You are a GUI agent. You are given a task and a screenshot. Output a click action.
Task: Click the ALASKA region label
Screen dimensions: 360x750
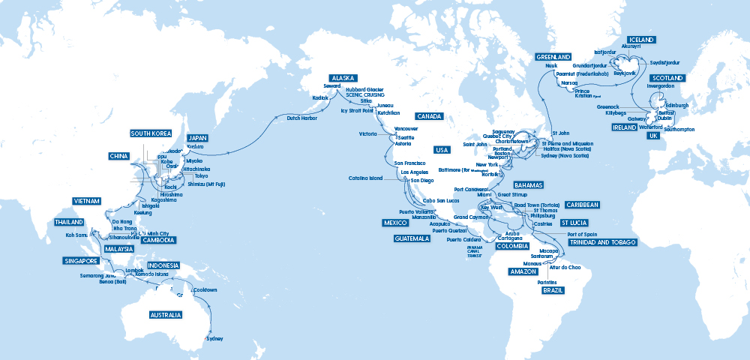click(x=343, y=77)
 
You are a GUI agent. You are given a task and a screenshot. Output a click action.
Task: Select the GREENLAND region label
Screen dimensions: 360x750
click(x=553, y=57)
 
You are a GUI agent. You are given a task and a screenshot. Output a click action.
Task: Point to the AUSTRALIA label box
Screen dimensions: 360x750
click(x=166, y=315)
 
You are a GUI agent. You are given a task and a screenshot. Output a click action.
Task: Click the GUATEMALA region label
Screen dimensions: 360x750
click(x=412, y=238)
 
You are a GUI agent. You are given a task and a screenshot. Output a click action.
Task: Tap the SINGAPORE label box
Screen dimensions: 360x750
click(x=81, y=261)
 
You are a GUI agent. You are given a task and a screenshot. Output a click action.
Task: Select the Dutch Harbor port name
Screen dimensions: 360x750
click(x=302, y=118)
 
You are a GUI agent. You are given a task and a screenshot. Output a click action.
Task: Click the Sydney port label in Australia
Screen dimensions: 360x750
click(x=214, y=338)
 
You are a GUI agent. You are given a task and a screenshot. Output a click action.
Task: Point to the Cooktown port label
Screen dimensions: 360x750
click(x=205, y=290)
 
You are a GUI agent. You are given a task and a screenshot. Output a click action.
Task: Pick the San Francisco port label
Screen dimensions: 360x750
click(x=409, y=163)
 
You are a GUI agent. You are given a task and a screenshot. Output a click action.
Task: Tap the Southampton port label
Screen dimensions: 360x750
click(x=679, y=130)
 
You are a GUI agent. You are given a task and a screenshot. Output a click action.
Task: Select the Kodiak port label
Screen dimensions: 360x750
click(x=320, y=97)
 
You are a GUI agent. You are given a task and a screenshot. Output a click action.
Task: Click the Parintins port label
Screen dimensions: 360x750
click(x=547, y=281)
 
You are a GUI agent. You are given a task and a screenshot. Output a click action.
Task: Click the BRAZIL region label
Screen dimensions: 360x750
click(x=552, y=289)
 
